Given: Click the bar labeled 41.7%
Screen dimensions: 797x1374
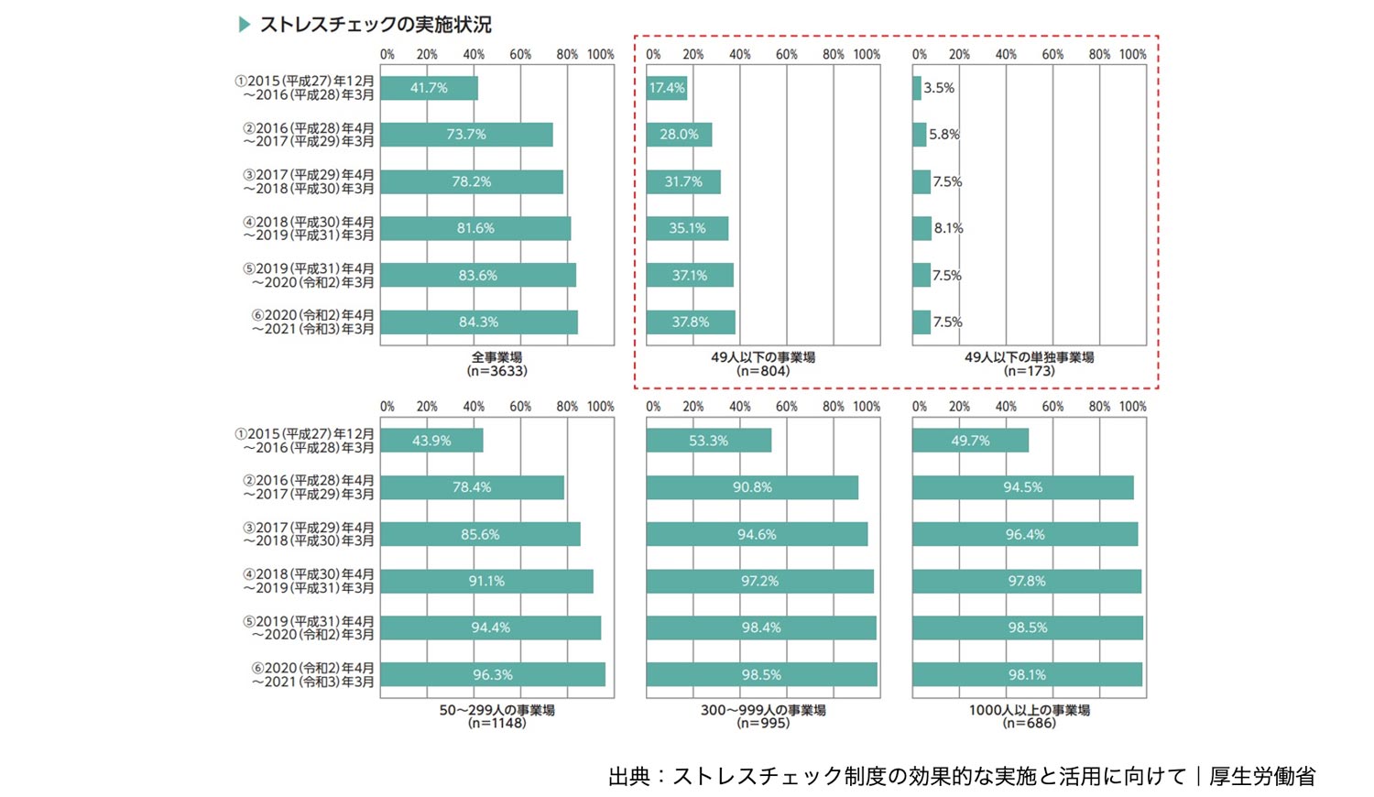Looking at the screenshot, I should coord(429,88).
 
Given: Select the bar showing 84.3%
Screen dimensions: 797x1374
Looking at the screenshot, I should coord(478,322).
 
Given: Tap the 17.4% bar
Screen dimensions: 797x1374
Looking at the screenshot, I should coord(666,88).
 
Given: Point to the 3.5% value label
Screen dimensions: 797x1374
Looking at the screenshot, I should coord(939,88).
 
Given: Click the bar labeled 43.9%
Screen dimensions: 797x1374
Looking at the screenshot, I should coord(431,441).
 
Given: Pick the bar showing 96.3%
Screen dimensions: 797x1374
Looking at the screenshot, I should coord(492,675).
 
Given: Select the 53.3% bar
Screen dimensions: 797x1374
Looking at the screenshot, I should coord(708,441).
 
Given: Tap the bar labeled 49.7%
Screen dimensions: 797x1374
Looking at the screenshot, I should coord(970,441).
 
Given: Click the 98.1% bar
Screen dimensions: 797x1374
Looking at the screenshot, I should coord(1027,675).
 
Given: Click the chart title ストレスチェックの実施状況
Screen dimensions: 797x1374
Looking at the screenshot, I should coord(376,25).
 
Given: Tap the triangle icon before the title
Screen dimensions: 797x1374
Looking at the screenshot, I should coord(245,25).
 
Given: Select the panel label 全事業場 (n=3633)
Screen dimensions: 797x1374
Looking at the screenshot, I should coord(496,364).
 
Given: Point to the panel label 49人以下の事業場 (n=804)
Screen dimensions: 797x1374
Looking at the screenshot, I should coord(763,364).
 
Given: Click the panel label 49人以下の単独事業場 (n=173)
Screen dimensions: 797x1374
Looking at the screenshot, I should coord(1029,364).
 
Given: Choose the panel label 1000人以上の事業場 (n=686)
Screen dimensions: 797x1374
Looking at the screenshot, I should coord(1029,716).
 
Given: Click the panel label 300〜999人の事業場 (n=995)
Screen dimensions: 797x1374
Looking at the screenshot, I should coord(763,716).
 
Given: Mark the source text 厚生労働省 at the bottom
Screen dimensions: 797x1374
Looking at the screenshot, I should coord(1261,776).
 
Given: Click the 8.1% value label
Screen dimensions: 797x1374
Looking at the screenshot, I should coord(948,228).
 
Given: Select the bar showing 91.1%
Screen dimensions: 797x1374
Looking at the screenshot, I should coord(486,581).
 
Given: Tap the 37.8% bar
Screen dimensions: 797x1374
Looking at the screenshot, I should coord(690,322).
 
